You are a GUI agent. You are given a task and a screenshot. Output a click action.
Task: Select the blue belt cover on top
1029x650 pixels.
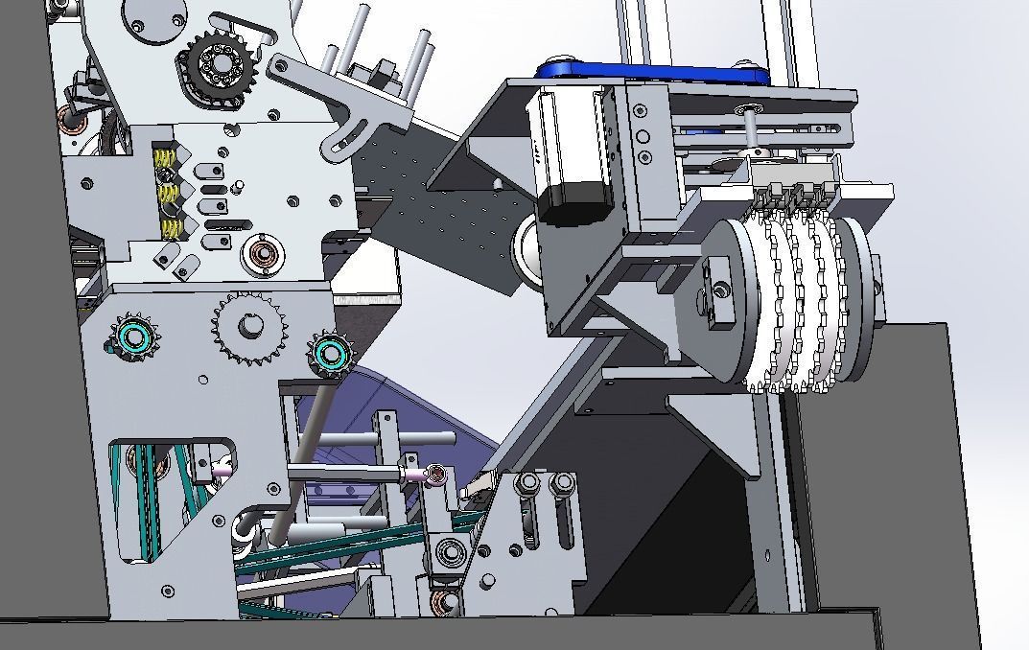652,73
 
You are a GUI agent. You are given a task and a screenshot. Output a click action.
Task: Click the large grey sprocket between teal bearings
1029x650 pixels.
249,328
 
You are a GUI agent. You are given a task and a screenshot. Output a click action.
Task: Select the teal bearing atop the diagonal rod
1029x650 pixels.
328,355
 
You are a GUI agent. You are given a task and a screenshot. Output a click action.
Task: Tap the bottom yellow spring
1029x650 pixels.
171,228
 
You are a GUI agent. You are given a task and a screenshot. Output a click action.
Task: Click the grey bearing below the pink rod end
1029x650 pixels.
449,553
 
